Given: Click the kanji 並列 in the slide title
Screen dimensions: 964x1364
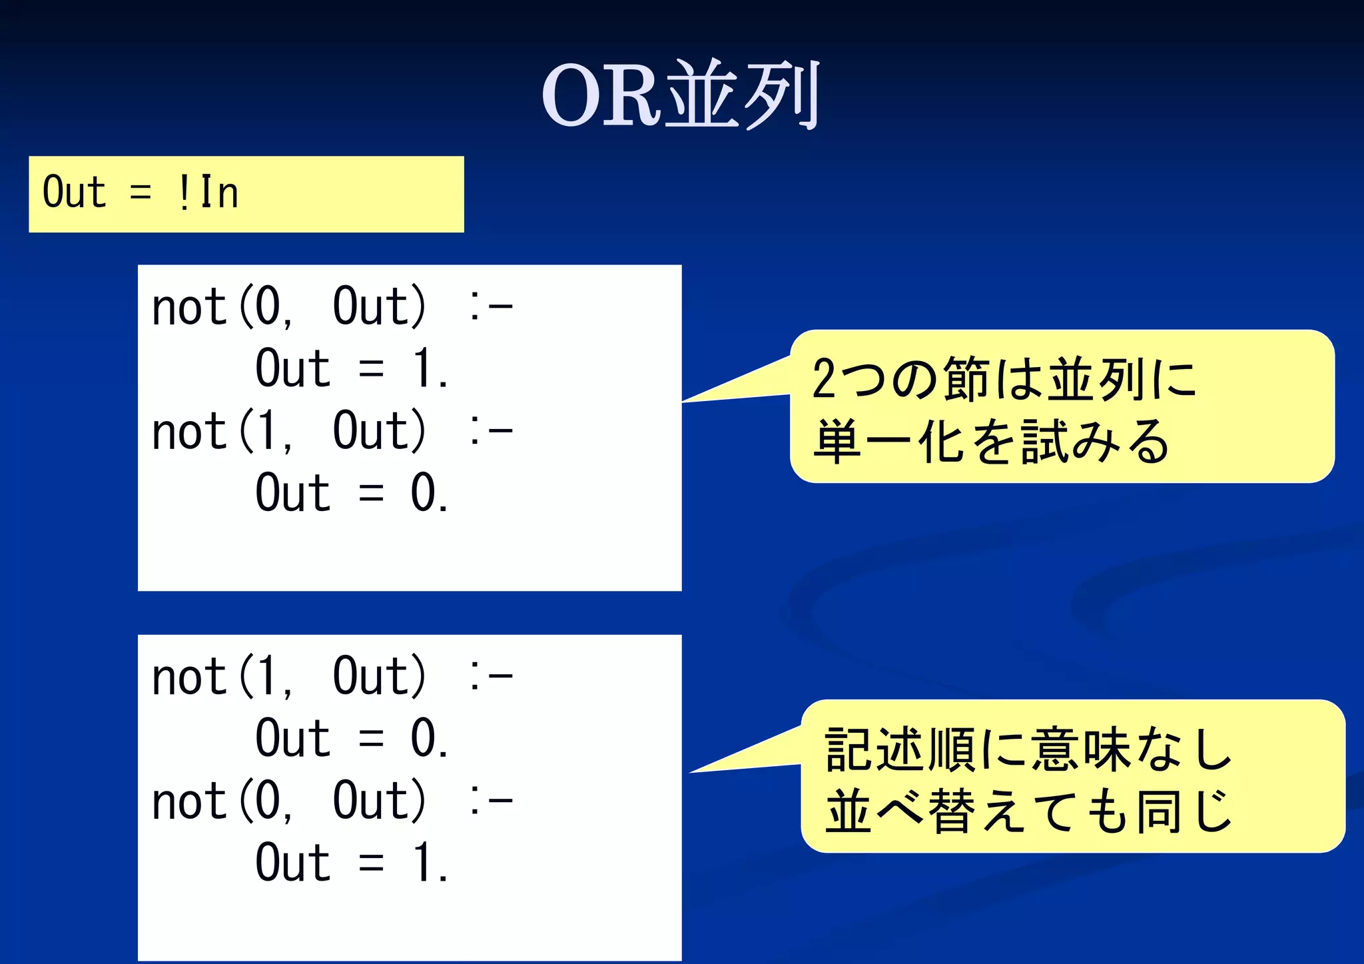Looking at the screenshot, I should pos(743,95).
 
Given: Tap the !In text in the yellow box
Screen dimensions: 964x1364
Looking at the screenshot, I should pos(208,193).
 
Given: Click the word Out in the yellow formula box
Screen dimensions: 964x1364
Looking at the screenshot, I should pos(74,193).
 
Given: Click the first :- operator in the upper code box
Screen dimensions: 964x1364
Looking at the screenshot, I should pos(490,307).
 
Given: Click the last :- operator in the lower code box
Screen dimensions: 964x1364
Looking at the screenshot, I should pos(490,801).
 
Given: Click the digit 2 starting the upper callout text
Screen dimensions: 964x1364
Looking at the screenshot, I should pos(824,379).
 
